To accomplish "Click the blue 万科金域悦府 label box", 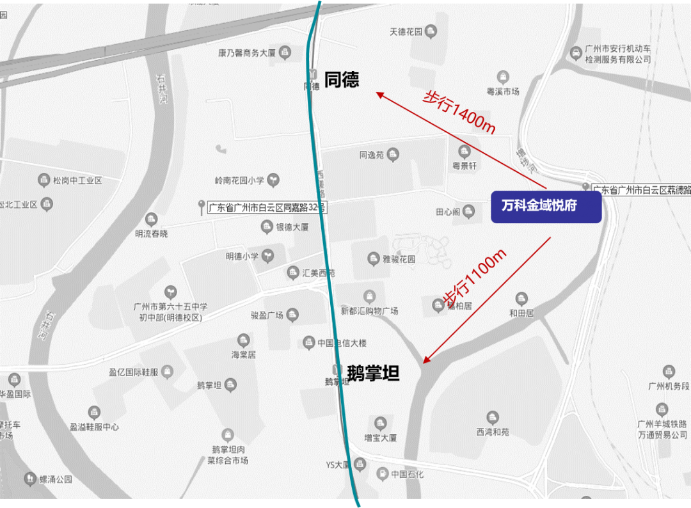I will (546, 207).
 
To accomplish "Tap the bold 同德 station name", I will (342, 79).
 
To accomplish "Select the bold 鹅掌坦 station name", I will (373, 373).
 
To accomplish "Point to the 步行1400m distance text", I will (459, 111).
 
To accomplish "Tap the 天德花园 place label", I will (406, 31).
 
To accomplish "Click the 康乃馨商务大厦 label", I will (246, 53).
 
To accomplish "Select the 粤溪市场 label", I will (503, 91).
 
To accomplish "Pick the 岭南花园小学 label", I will (240, 180).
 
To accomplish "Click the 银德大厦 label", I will (292, 227).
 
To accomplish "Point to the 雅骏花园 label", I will (399, 259).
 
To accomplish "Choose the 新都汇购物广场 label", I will (369, 310).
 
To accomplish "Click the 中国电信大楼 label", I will (342, 343).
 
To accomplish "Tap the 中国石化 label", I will (407, 474).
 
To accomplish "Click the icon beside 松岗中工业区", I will (44, 180).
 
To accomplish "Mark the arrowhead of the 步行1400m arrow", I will (379, 95).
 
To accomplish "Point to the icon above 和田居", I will (521, 299).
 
